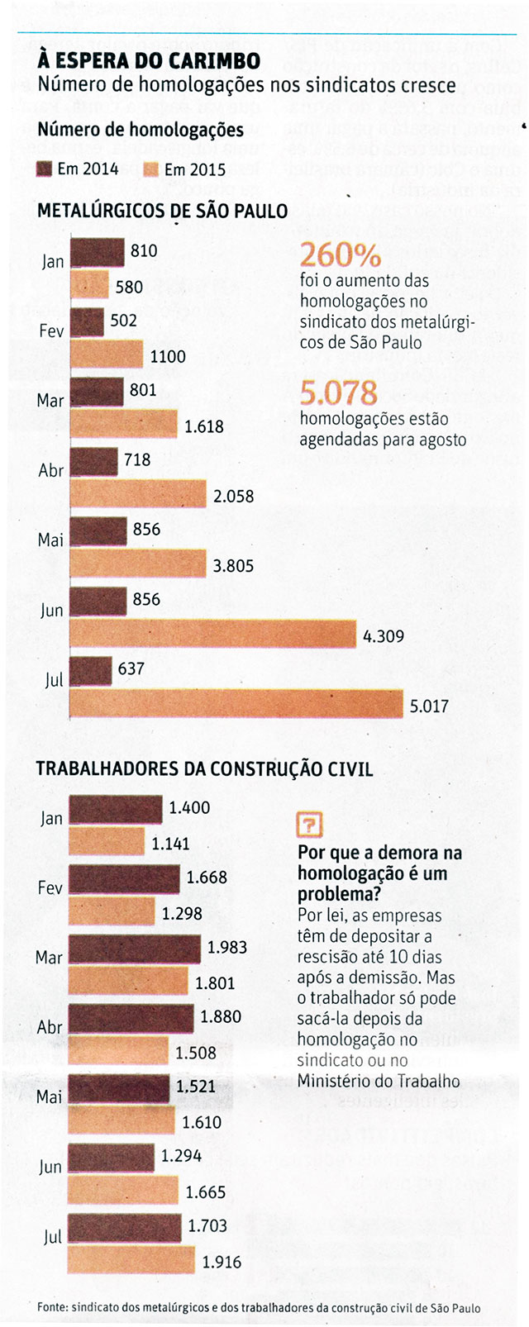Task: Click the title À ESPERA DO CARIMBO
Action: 149,60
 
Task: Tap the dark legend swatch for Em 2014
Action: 45,169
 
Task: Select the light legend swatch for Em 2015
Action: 151,169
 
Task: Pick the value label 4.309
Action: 384,636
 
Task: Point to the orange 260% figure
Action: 341,254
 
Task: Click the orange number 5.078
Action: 339,392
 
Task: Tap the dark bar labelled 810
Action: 97,251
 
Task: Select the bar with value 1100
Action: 107,355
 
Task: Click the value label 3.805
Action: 234,566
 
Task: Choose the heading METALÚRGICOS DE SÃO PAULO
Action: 162,211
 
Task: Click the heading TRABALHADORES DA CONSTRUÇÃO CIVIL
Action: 204,768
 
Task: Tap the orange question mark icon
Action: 309,824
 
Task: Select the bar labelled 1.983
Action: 134,949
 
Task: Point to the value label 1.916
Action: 222,1262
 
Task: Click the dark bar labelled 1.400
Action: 115,809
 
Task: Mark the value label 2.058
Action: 234,497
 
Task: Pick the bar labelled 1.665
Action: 123,1191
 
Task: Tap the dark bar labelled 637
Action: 91,670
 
